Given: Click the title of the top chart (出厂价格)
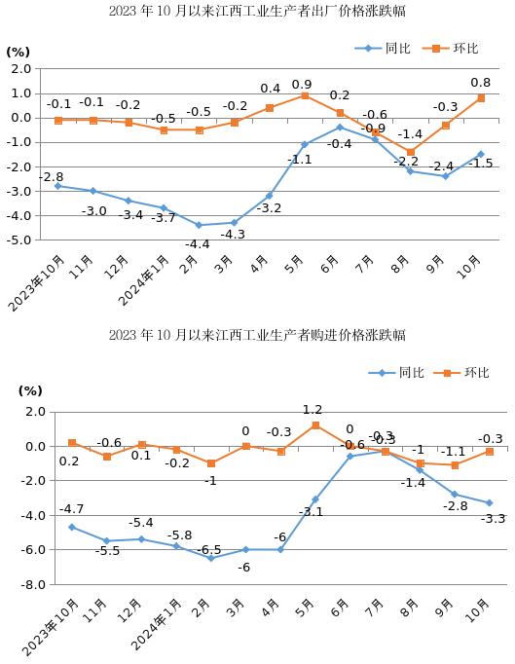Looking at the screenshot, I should (x=257, y=12).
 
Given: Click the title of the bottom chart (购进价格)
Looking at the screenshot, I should (x=257, y=335).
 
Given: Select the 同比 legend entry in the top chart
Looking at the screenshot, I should (x=384, y=48).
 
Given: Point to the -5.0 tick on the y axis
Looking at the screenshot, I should (x=19, y=240).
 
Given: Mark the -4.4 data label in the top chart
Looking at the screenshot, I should (x=198, y=243).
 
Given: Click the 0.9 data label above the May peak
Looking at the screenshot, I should (x=302, y=85).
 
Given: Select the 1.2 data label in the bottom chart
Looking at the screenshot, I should (x=313, y=411).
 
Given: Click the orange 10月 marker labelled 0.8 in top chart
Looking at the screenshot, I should (x=480, y=98).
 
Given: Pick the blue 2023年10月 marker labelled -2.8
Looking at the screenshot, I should (x=57, y=186).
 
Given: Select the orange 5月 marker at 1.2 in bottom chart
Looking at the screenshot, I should (x=315, y=425).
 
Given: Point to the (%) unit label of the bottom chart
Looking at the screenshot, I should (x=30, y=390).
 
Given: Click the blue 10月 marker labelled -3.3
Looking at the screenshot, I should (x=489, y=503).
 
